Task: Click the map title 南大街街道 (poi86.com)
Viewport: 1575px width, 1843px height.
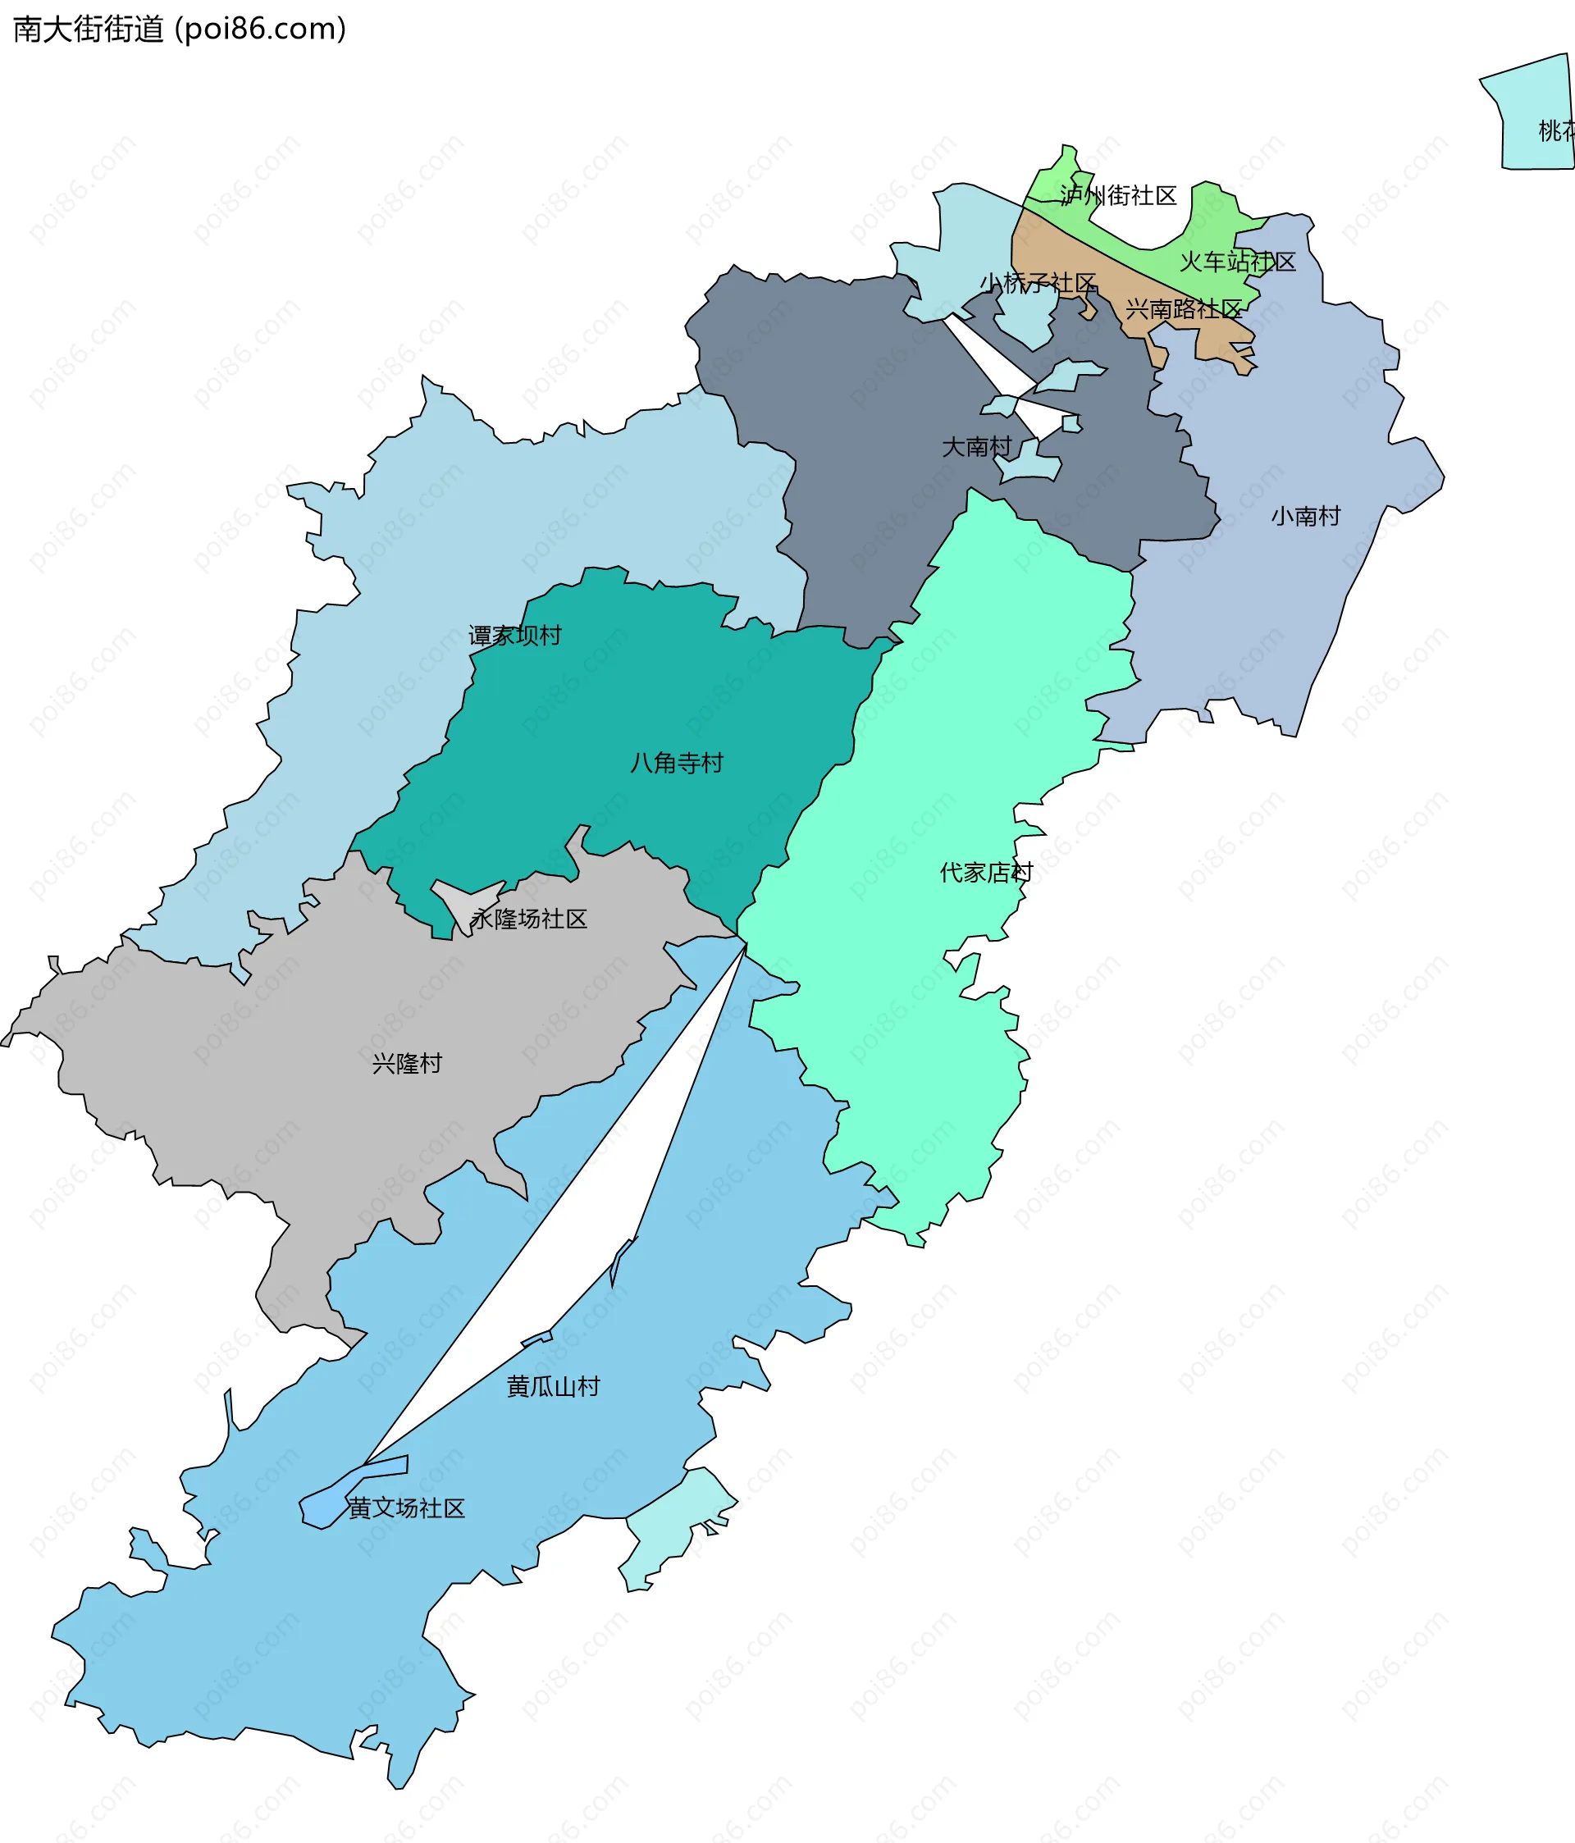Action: (179, 30)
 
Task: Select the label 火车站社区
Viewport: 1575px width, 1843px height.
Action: (1237, 262)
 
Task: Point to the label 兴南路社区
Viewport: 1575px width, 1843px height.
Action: (1184, 308)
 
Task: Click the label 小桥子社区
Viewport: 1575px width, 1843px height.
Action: (1038, 283)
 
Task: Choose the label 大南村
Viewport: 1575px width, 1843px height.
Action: (976, 446)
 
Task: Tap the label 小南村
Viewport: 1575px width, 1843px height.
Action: (1304, 516)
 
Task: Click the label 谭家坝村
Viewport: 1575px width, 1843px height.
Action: (514, 635)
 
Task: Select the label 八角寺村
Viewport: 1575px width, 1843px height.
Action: (676, 762)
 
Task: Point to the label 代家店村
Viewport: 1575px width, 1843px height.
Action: (986, 872)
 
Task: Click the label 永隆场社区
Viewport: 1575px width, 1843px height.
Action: (528, 919)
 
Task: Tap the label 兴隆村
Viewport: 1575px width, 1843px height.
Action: (407, 1063)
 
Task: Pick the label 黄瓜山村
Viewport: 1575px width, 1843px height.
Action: (553, 1386)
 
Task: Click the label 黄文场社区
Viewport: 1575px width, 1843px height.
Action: (407, 1508)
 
